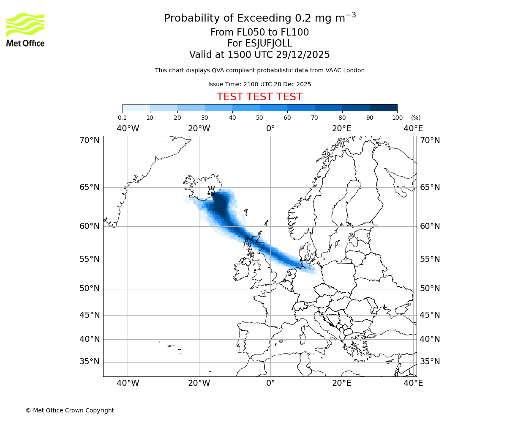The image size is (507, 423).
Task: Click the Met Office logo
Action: pos(25,30)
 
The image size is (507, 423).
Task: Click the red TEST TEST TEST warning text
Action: pos(259,97)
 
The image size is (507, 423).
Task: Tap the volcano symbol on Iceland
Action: pos(211,190)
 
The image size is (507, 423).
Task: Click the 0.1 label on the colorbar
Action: pos(123,118)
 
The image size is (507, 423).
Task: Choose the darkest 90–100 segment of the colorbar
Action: pos(383,107)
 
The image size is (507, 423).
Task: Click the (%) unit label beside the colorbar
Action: pos(416,118)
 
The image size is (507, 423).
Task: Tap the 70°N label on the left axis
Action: pos(90,140)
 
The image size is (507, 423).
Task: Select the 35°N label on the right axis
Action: pos(430,362)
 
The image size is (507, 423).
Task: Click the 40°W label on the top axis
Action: pos(128,128)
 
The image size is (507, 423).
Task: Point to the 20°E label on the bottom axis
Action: pos(341,383)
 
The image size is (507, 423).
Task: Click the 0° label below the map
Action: pos(270,383)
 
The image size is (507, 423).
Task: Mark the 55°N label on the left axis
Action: pos(90,259)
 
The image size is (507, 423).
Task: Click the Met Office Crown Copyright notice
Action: pos(70,410)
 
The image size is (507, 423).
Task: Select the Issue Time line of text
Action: pos(259,84)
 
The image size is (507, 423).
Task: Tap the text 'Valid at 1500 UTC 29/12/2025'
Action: pos(259,55)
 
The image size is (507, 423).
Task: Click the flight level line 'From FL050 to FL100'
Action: pos(259,33)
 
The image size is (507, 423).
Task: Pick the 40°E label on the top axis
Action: pos(413,128)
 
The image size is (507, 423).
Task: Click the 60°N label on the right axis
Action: pos(430,226)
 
